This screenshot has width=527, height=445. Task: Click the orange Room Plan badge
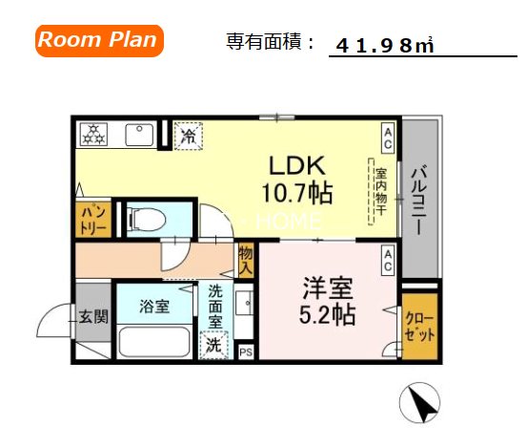(x=99, y=40)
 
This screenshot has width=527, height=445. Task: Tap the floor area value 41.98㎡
(x=385, y=45)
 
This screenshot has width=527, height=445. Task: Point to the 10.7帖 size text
(x=296, y=194)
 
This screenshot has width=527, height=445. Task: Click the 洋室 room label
(x=324, y=286)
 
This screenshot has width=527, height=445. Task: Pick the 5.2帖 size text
(x=324, y=314)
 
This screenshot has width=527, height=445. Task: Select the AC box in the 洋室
(x=389, y=261)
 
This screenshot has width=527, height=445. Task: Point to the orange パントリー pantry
(x=92, y=219)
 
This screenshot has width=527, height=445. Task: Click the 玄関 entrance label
(x=93, y=316)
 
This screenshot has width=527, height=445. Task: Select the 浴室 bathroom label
(x=153, y=307)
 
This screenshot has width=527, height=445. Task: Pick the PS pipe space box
(x=246, y=351)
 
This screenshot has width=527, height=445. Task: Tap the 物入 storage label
(x=246, y=260)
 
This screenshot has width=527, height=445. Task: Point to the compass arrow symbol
(x=418, y=404)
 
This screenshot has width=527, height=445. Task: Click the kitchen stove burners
(x=95, y=135)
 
